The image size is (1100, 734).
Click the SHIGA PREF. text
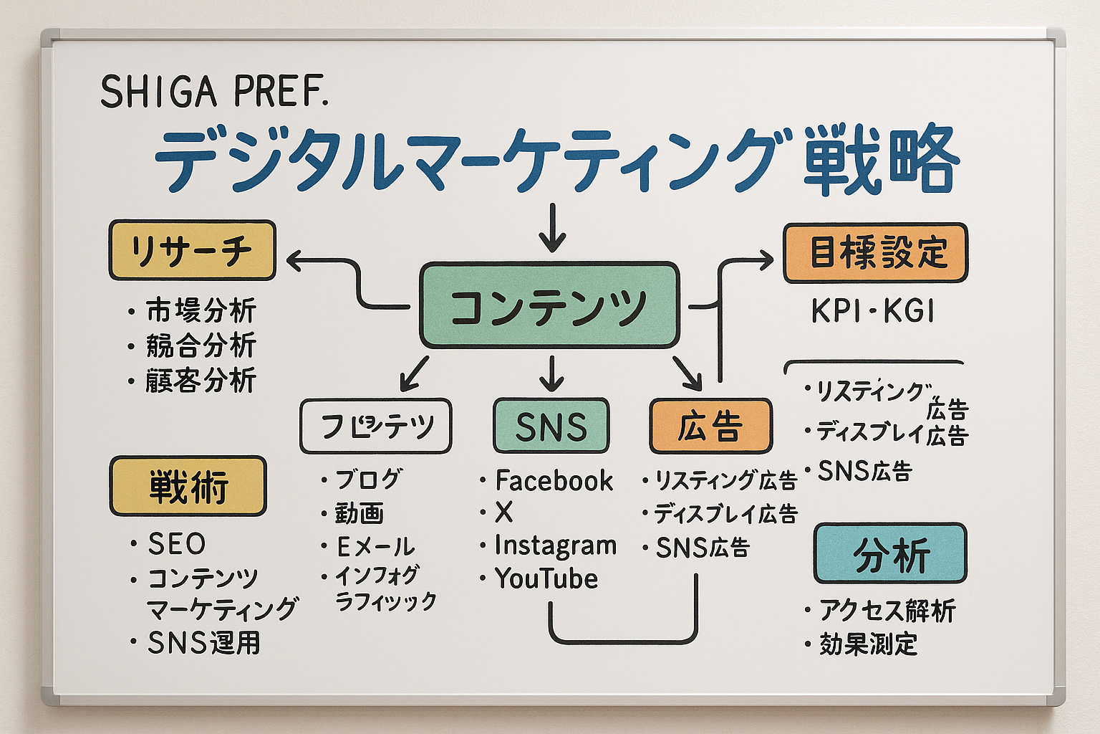click(214, 92)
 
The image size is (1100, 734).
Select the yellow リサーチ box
click(192, 250)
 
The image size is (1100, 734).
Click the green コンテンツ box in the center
click(549, 305)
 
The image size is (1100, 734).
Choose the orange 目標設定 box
click(875, 253)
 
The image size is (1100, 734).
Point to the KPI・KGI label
click(873, 312)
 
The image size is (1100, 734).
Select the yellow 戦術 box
click(188, 486)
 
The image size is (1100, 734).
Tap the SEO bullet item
click(176, 544)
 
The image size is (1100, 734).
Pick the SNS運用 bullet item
click(203, 643)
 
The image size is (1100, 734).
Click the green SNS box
click(551, 426)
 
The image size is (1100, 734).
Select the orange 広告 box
click(710, 426)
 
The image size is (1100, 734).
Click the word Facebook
click(554, 480)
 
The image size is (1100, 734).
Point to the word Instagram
click(555, 545)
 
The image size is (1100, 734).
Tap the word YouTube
click(546, 578)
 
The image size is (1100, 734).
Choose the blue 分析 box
click(890, 553)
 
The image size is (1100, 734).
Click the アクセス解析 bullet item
click(887, 611)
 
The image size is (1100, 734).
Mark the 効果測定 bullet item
click(868, 644)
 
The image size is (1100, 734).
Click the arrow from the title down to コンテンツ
click(551, 228)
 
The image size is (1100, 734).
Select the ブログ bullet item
click(368, 479)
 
